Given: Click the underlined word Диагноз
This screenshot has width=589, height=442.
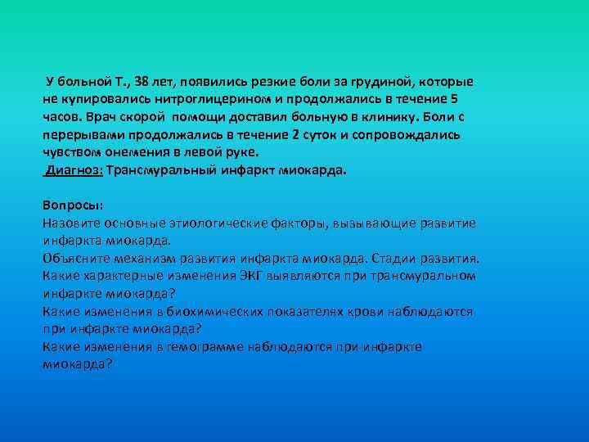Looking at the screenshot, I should (x=73, y=170).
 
